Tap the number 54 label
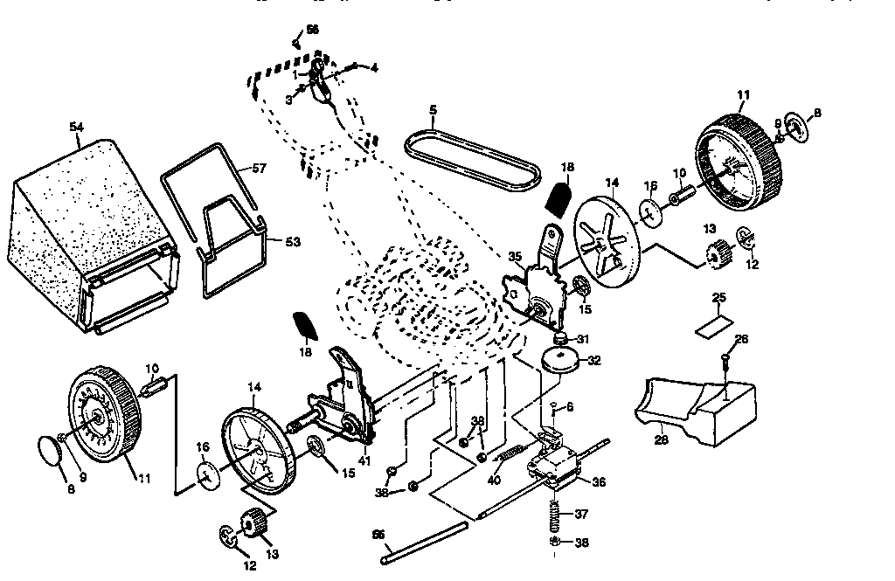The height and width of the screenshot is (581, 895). (x=76, y=128)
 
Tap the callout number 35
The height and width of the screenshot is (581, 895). (x=516, y=256)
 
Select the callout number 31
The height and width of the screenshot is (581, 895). (x=583, y=340)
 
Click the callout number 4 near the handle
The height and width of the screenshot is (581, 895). (x=374, y=67)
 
